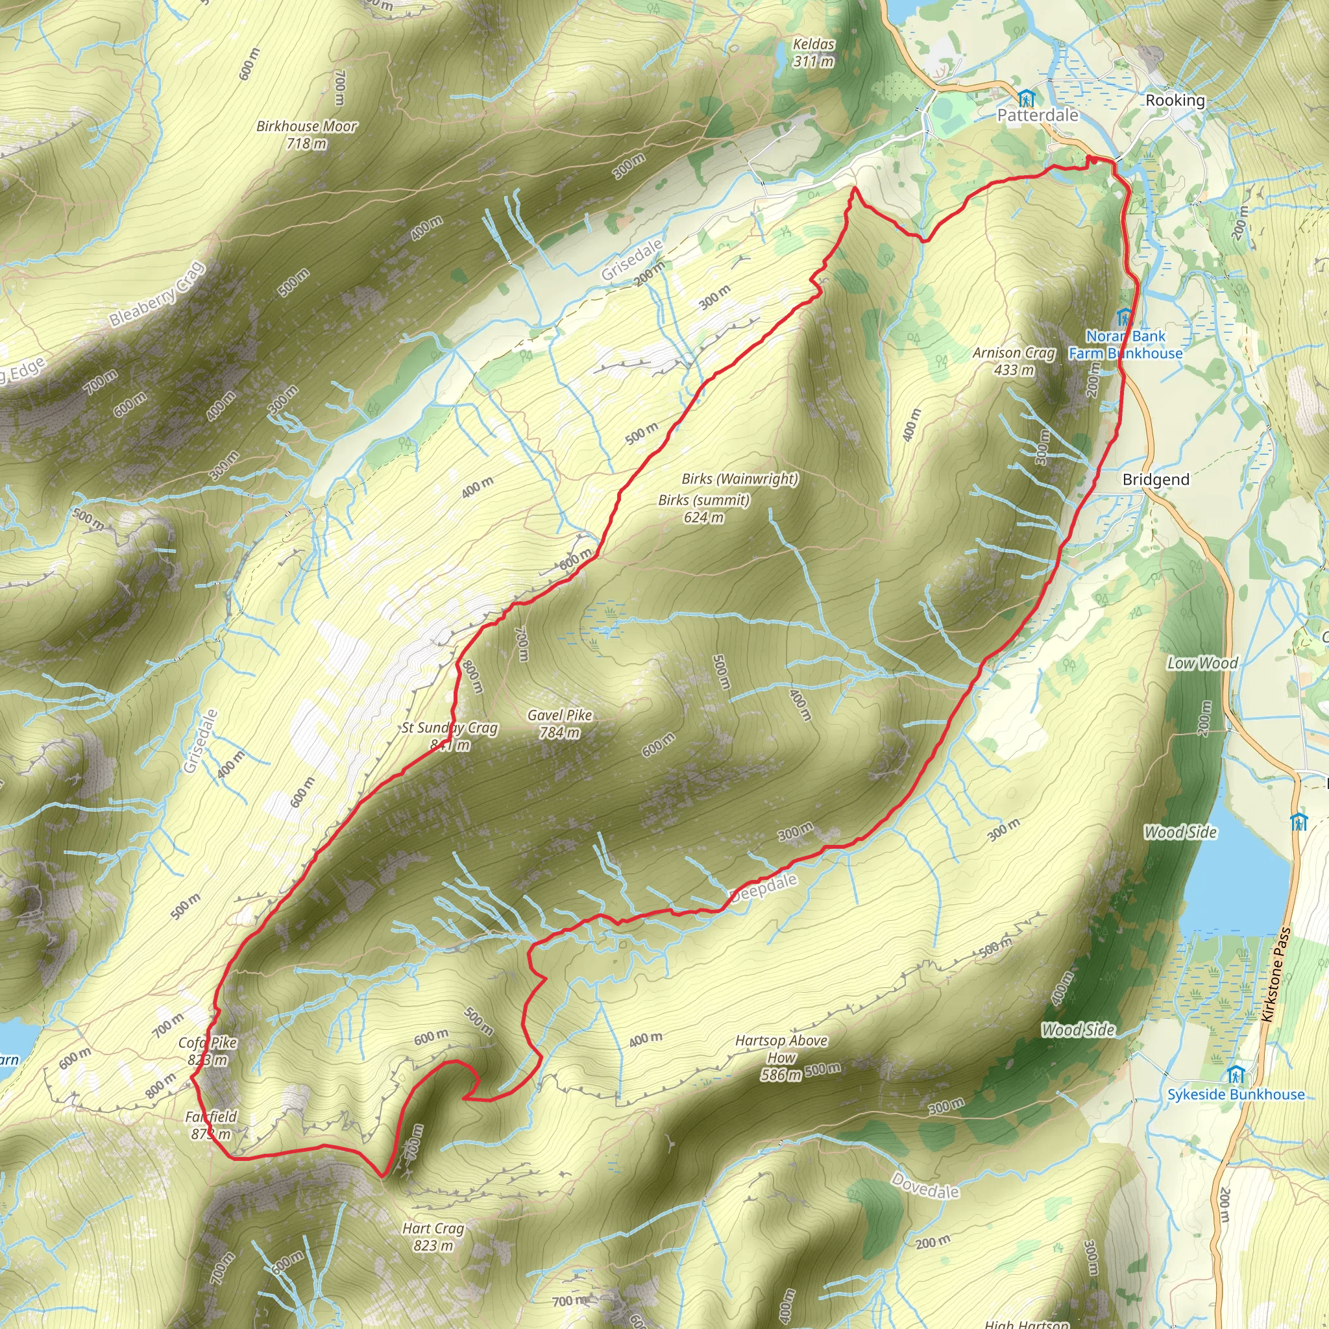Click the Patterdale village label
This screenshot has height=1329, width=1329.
click(1038, 115)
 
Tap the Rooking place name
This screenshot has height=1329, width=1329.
click(1175, 101)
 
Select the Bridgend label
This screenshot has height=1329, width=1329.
click(1156, 480)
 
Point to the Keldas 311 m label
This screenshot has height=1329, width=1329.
click(813, 53)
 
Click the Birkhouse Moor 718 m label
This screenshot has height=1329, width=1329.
click(307, 135)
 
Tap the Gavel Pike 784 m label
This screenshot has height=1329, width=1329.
click(559, 724)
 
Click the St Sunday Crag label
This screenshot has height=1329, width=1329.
click(450, 729)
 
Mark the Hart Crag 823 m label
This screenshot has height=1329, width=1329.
click(433, 1236)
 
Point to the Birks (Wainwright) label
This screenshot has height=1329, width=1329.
click(740, 479)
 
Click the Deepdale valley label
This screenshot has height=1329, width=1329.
click(764, 887)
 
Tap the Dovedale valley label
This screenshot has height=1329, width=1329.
click(925, 1185)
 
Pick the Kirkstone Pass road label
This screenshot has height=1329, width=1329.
click(1276, 975)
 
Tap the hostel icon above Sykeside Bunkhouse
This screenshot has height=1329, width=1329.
click(1236, 1074)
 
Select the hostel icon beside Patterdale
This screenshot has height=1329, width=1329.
click(1026, 98)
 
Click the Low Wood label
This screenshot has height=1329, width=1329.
click(1202, 663)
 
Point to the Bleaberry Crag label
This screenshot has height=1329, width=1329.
click(157, 294)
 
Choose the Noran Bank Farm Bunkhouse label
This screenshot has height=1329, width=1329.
click(1125, 345)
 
